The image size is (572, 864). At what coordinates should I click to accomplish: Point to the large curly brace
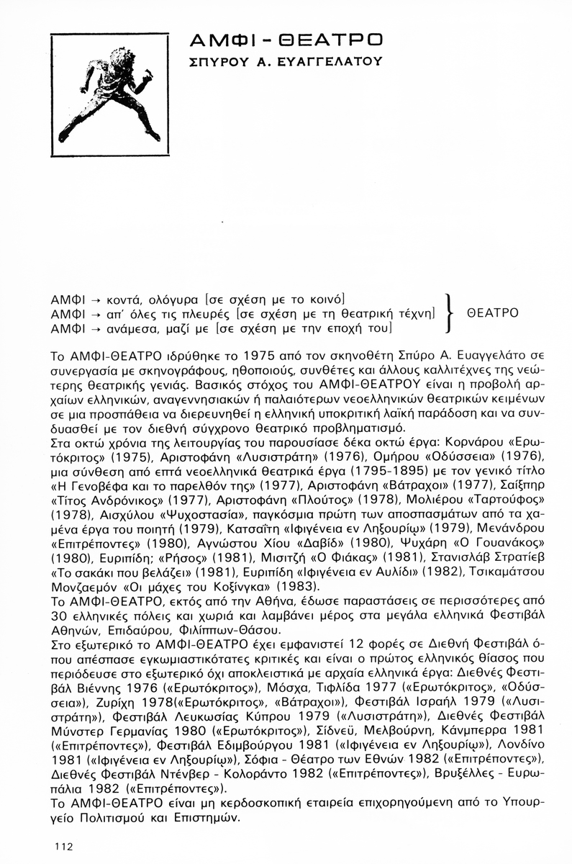pyautogui.click(x=450, y=314)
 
